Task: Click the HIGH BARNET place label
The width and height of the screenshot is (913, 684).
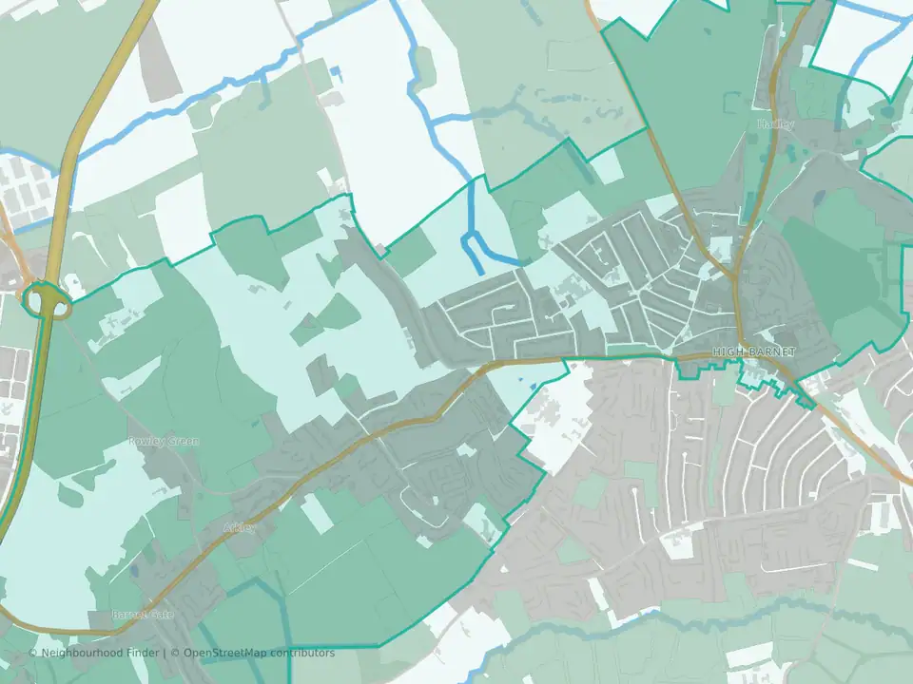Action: point(753,351)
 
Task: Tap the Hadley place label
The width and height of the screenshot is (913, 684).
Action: point(769,124)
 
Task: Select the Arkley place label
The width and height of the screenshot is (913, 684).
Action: point(239,527)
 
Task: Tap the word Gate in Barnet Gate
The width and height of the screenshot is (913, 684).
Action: point(161,615)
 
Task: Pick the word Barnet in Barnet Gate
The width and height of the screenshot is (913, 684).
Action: point(129,615)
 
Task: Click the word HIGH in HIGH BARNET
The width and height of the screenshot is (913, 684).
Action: point(729,351)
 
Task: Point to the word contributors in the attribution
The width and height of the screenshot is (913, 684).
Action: point(301,654)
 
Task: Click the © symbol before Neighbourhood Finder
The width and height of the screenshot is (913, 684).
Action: point(33,654)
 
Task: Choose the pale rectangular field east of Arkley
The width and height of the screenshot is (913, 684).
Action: point(317,513)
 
